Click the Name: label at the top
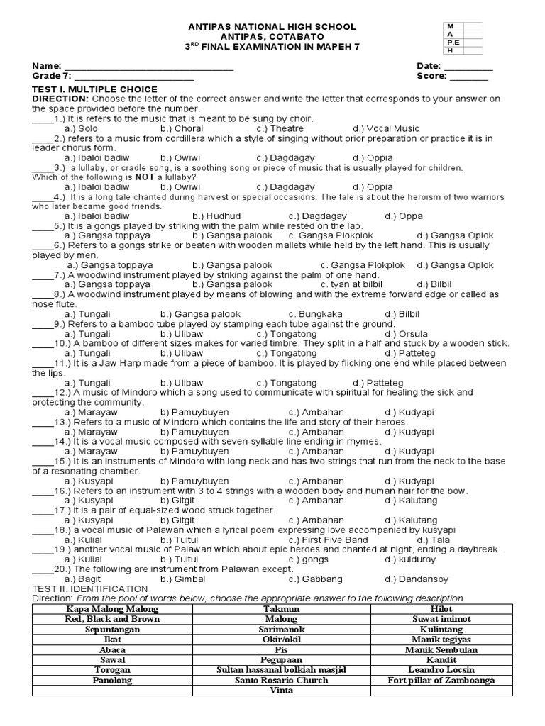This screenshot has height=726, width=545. [48, 66]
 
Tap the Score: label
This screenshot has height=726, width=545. [432, 76]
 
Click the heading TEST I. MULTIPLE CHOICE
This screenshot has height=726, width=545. [95, 89]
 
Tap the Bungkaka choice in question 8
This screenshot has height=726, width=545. [316, 313]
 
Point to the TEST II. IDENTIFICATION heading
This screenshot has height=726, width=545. [90, 588]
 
